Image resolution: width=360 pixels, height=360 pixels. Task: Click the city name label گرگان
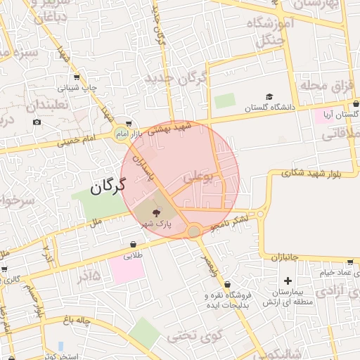point(107,186)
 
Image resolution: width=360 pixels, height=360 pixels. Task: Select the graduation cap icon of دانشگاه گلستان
point(269,97)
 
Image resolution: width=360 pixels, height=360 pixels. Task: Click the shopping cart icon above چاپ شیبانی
point(76,77)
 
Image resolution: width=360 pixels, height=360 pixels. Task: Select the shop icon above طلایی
point(133,244)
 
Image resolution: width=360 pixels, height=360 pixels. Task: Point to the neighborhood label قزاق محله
point(326,85)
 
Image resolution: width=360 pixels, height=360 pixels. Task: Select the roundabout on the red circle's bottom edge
point(195,231)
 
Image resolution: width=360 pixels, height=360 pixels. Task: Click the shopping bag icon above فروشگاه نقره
point(208,285)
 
